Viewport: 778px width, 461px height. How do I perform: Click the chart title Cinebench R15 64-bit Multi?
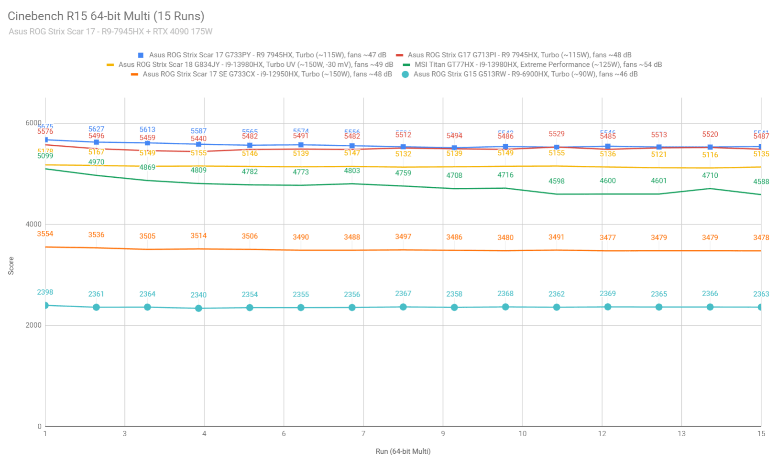[106, 16]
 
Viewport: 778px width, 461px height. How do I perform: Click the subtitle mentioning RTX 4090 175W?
[110, 32]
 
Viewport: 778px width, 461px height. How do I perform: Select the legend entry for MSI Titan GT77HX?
[538, 64]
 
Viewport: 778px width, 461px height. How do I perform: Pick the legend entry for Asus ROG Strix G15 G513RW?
[525, 74]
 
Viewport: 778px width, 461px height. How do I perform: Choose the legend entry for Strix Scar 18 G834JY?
[255, 64]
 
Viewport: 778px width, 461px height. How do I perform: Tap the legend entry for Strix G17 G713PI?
[519, 55]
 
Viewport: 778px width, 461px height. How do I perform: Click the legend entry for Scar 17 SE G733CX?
[267, 74]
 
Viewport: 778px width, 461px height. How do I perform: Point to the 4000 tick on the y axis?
[33, 224]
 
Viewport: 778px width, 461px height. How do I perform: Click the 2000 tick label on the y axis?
[33, 325]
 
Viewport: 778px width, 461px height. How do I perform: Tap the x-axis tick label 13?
[681, 434]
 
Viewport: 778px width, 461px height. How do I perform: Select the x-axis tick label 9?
[443, 434]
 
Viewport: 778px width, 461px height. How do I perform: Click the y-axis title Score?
[11, 266]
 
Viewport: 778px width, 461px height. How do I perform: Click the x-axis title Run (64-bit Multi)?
[403, 451]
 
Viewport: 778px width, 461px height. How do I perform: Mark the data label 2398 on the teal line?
[45, 292]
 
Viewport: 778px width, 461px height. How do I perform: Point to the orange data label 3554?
[45, 234]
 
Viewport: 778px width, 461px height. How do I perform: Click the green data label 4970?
[96, 162]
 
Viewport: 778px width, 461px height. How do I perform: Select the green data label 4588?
[761, 182]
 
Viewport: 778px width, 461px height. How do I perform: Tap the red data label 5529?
[557, 134]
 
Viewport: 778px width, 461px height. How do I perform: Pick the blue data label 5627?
[96, 129]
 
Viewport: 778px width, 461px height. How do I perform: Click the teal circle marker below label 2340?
[198, 308]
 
